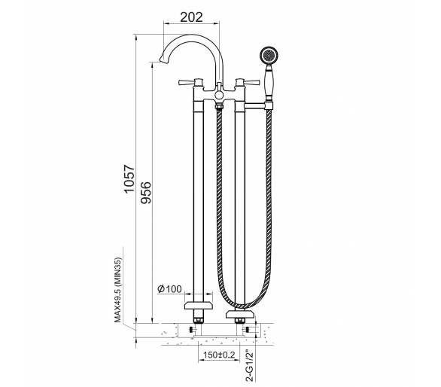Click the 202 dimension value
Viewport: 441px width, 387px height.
[x=191, y=17]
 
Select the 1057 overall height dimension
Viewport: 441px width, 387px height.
[x=130, y=179]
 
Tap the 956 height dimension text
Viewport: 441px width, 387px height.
[x=146, y=193]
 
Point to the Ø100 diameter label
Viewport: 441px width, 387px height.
[x=169, y=289]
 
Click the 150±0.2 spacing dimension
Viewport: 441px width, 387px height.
[x=219, y=355]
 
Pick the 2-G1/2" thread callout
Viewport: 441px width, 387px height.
[x=249, y=366]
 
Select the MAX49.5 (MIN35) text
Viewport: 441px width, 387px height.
[x=118, y=290]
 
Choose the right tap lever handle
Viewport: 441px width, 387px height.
[x=248, y=83]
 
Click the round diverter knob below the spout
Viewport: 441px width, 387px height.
[x=219, y=95]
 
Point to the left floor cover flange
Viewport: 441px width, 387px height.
[x=198, y=306]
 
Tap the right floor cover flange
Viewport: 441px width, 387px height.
[x=240, y=314]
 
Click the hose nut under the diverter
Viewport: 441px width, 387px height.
[x=219, y=107]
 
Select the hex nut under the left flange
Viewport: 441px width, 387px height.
[x=198, y=320]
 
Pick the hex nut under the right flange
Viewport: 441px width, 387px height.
[x=240, y=320]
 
